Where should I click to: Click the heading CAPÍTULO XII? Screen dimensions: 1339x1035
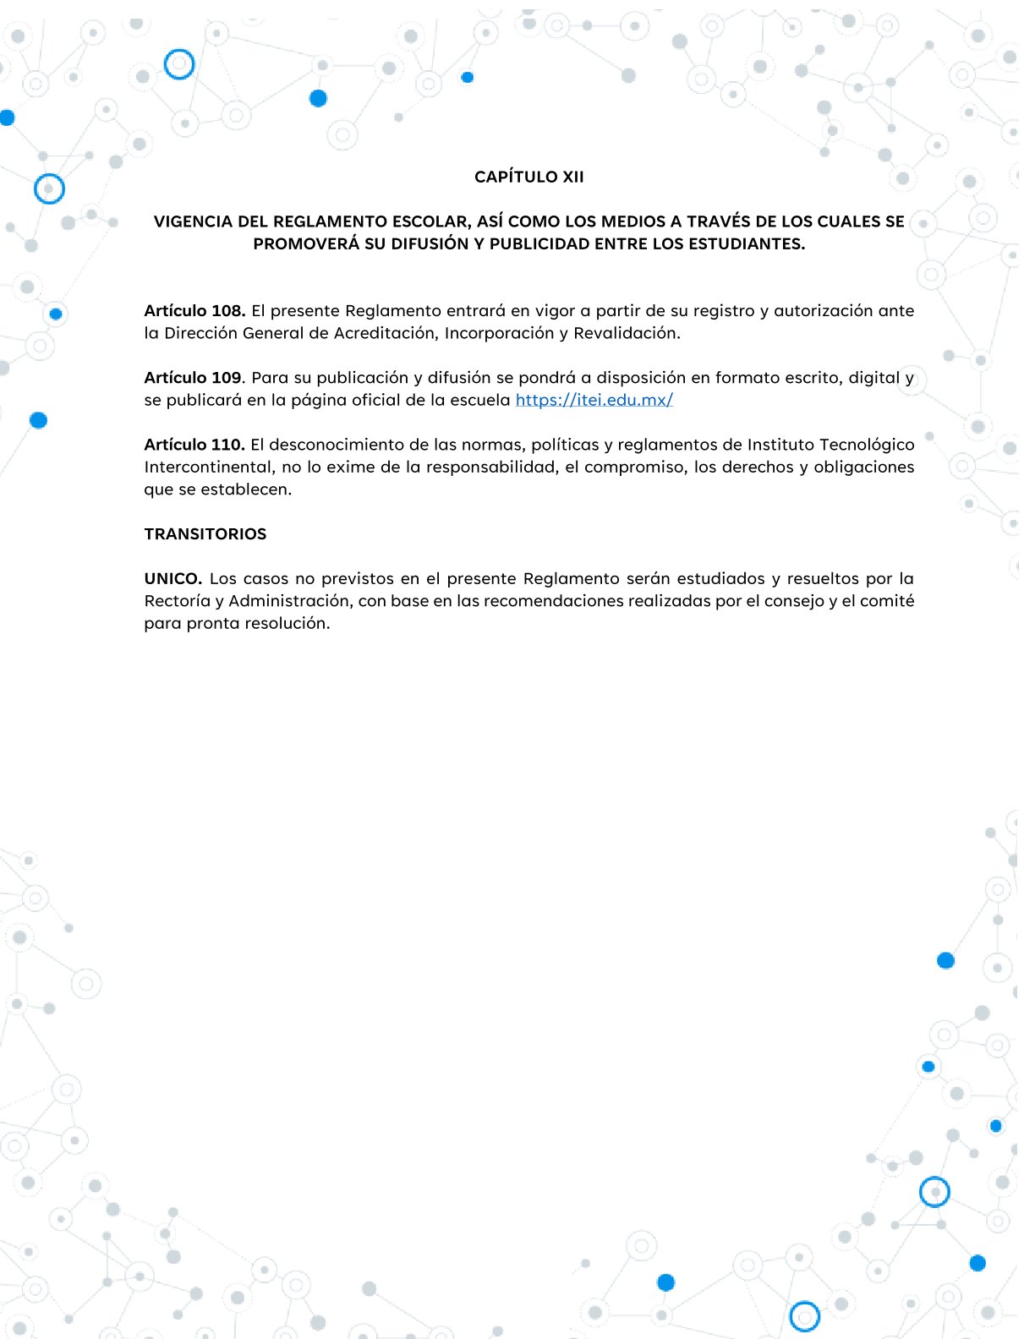click(528, 177)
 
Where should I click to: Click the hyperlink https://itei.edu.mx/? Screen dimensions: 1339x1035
click(594, 400)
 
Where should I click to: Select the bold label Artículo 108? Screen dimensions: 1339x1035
click(194, 311)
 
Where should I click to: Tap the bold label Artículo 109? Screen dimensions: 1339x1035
click(194, 378)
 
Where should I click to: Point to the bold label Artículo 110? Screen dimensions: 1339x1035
click(194, 445)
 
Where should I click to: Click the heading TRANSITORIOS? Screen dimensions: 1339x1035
click(205, 534)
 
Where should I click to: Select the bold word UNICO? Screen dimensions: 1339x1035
click(172, 579)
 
